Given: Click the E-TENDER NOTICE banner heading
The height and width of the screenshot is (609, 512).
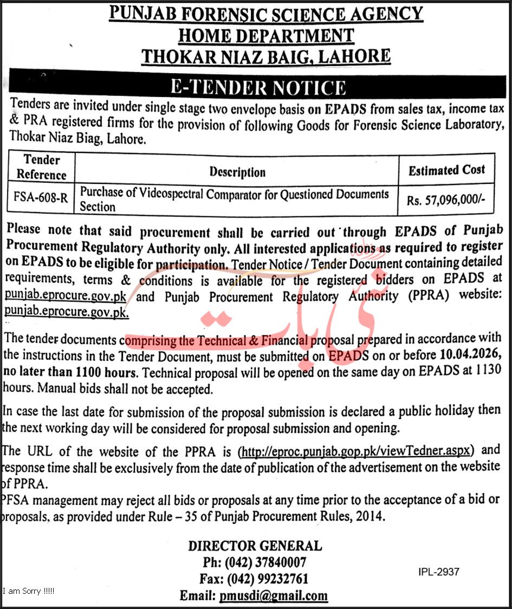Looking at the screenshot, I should (x=258, y=87).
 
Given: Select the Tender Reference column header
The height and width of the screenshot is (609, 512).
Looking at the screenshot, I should (x=41, y=167).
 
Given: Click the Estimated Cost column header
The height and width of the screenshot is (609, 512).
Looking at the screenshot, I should (x=446, y=170).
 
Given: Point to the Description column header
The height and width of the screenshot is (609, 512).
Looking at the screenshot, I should (x=237, y=172).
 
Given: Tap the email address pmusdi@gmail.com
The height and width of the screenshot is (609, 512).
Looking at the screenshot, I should (x=274, y=595).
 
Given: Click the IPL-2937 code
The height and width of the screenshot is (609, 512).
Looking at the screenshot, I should (x=439, y=572).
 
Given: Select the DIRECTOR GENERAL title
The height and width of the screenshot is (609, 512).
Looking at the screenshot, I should (x=255, y=546).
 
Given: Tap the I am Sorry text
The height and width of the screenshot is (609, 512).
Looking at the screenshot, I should (x=28, y=591).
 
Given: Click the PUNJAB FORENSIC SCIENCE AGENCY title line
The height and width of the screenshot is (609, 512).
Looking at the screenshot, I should (x=266, y=14).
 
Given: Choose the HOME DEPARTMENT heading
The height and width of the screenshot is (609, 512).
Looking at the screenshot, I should (x=265, y=36).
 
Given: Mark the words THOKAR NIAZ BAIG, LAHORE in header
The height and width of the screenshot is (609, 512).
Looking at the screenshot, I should (x=265, y=56).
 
